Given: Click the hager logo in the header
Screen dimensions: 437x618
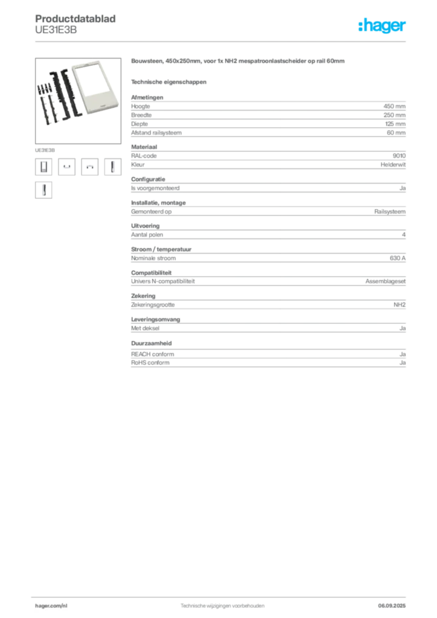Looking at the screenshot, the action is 382,26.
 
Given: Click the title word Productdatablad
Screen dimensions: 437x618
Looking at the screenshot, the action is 75,19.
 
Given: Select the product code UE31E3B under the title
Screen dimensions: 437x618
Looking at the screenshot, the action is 56,30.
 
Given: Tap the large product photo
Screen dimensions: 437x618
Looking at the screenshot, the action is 78,101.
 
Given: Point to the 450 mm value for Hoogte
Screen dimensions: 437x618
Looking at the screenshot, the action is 394,106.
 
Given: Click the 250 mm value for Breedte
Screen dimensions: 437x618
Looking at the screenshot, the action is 394,115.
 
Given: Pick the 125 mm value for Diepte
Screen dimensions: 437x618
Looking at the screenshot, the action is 395,124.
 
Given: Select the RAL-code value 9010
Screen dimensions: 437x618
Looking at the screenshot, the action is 399,156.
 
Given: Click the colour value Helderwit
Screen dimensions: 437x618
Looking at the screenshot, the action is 393,165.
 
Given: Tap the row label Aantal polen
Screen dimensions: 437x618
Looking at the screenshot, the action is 147,235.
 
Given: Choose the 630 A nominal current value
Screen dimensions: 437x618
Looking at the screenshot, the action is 398,258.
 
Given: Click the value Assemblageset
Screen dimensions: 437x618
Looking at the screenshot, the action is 385,281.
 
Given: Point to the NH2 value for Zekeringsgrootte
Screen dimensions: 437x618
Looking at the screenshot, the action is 400,305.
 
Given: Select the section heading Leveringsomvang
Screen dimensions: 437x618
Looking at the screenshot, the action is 156,320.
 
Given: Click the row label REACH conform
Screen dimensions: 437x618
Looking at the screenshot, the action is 153,354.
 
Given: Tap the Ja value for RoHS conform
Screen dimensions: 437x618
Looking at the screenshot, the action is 403,363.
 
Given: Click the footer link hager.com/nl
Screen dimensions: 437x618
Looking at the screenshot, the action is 51,606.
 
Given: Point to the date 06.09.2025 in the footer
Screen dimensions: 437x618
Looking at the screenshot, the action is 392,606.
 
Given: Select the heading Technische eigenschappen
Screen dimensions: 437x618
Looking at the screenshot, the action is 168,82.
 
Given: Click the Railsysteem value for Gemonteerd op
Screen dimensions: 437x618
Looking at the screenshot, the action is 390,212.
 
